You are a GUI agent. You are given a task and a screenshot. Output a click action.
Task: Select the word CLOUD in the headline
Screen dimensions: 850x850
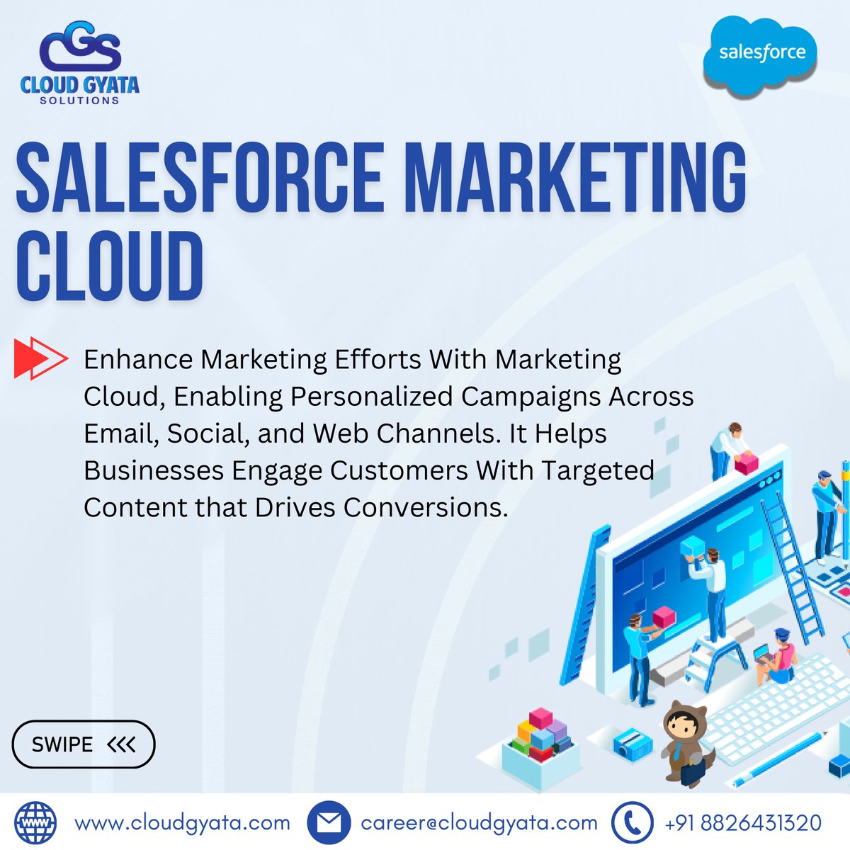click(110, 268)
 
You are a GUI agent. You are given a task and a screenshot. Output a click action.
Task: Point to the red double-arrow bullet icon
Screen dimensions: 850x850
click(40, 359)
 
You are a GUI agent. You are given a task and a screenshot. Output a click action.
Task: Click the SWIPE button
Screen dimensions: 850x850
click(84, 744)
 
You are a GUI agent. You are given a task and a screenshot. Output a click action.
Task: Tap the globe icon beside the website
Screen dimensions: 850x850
click(35, 822)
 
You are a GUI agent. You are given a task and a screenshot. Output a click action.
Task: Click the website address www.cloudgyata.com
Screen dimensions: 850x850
click(182, 823)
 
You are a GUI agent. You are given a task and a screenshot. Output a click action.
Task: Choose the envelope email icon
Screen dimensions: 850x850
click(329, 823)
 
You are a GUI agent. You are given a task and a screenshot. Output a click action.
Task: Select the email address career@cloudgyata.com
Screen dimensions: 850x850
click(479, 823)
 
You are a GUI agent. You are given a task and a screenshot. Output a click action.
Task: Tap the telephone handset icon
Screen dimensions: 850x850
click(632, 823)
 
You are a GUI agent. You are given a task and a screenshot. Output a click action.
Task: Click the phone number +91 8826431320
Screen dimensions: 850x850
click(743, 823)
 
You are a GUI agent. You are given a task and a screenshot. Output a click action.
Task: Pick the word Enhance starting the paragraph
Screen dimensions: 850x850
click(138, 360)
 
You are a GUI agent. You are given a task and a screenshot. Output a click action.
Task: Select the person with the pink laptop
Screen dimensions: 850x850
click(778, 655)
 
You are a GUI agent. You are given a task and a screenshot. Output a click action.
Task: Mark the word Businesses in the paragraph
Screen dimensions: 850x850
click(149, 470)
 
